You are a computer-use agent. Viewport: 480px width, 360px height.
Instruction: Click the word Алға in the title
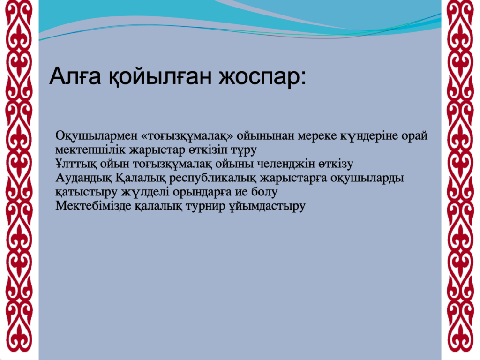coord(75,76)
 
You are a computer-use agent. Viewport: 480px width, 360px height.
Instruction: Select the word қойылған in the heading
coord(160,77)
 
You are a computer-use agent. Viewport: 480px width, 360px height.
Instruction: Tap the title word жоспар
coord(262,78)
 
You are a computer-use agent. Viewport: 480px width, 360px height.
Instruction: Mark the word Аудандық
coord(84,178)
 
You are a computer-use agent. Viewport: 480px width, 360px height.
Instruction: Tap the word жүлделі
coord(145,192)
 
